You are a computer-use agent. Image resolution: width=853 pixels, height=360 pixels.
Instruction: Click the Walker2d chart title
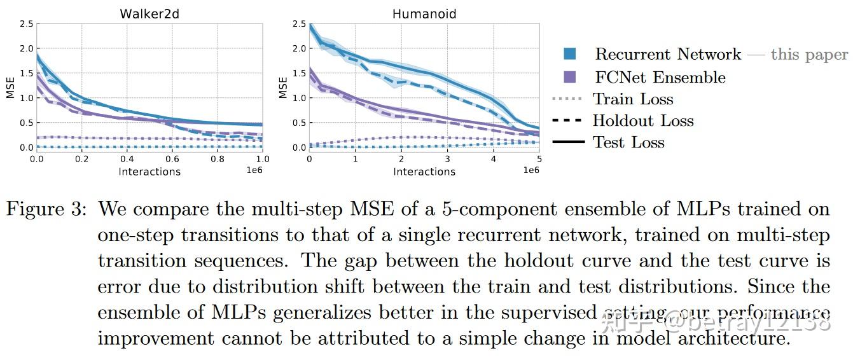point(149,13)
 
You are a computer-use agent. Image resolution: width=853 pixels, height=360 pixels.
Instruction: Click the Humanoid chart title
point(424,13)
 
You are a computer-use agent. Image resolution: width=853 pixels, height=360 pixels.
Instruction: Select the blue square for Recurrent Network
point(569,54)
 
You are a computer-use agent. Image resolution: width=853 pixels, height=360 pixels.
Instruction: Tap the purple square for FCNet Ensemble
point(569,77)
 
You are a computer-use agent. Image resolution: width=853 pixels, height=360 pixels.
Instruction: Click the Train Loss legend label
point(632,99)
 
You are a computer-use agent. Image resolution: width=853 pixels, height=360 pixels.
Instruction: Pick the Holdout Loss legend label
point(642,121)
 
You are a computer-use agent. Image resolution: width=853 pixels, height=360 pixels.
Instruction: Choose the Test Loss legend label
point(628,142)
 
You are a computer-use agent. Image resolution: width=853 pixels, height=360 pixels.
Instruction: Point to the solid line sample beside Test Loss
point(568,142)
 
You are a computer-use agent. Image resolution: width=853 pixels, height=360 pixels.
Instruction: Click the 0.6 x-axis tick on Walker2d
point(172,159)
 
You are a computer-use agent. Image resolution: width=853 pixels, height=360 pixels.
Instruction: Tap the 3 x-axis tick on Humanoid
point(447,159)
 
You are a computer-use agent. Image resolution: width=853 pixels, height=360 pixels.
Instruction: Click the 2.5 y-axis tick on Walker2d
point(25,24)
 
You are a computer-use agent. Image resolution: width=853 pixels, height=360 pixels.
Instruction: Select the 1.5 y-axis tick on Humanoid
point(299,74)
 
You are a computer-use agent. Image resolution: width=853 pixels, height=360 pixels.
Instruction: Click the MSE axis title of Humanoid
point(284,87)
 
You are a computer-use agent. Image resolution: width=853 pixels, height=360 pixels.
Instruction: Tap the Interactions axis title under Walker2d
point(149,172)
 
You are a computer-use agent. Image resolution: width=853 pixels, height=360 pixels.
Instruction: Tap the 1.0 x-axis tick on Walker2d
point(262,159)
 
